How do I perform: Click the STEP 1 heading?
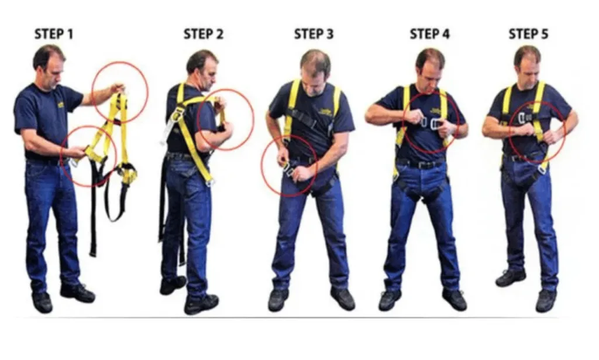[x=54, y=34]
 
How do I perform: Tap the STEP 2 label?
[x=203, y=34]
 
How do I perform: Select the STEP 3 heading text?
[x=314, y=34]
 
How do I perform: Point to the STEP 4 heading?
[x=429, y=34]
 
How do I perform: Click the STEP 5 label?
[x=528, y=34]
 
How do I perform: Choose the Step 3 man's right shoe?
[x=277, y=299]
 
